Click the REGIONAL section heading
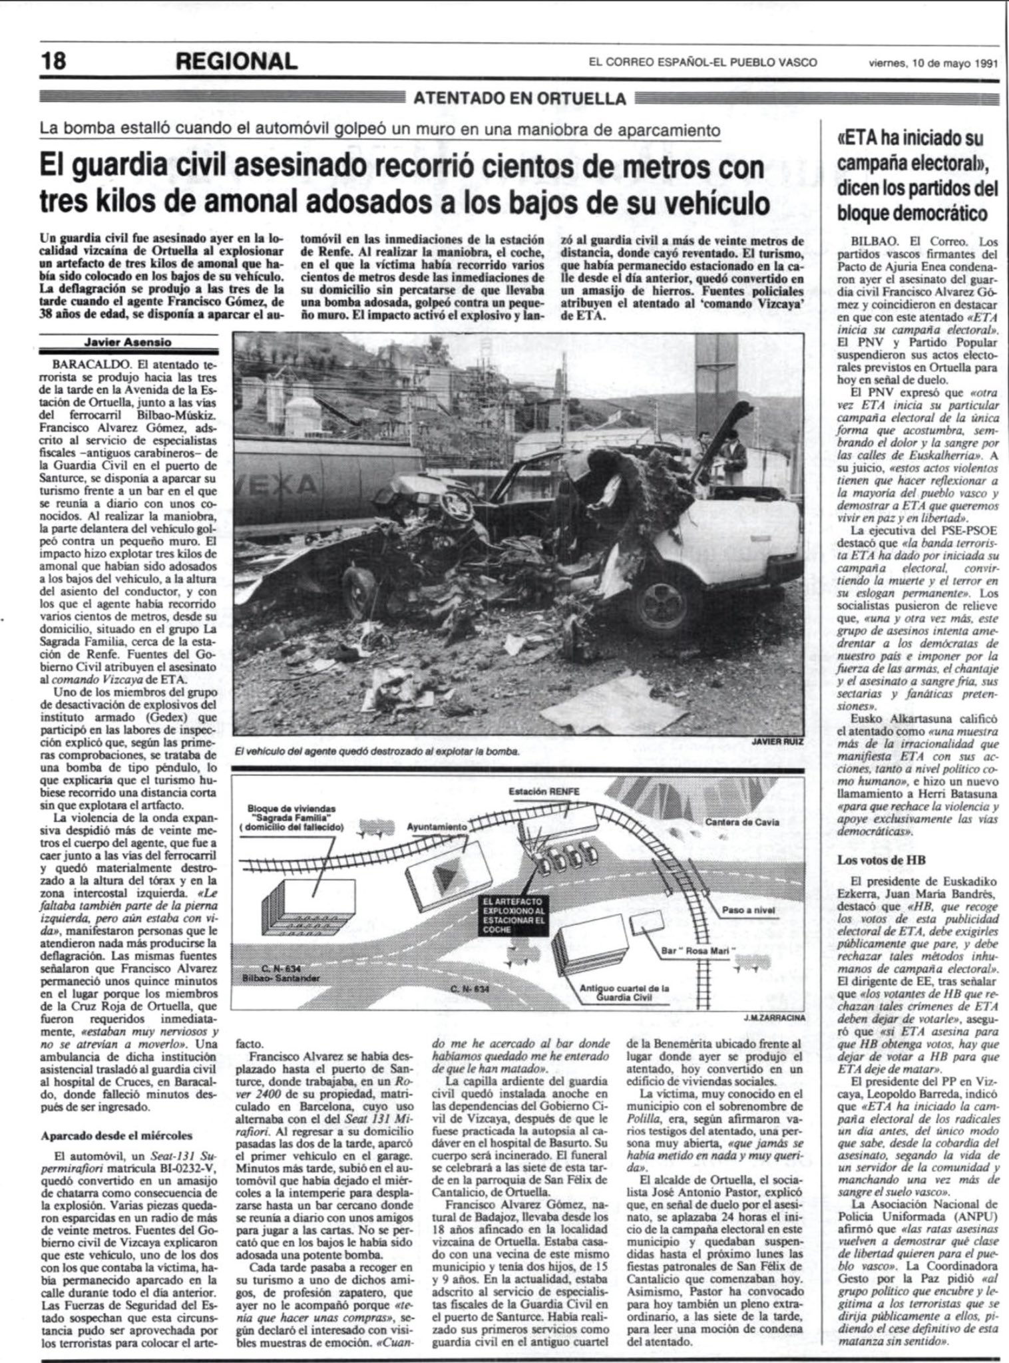coord(236,62)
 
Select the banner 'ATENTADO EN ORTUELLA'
coord(520,99)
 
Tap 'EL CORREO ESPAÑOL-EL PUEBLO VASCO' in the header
coord(702,63)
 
